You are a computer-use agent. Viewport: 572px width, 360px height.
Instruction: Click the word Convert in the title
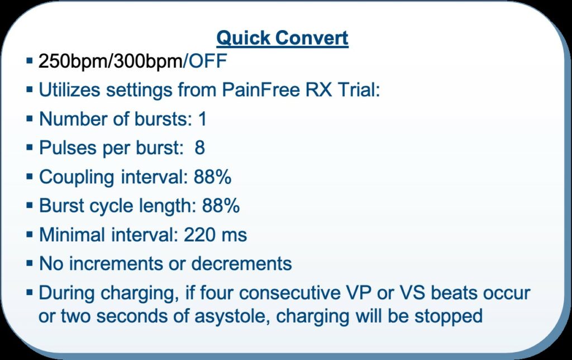point(312,38)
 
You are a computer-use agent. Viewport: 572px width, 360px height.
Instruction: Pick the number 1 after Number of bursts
point(202,119)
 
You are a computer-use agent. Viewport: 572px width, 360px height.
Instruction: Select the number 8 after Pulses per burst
point(199,148)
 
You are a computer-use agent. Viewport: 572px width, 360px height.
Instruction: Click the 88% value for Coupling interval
point(212,177)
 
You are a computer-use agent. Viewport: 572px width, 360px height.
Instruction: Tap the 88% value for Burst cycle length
point(221,206)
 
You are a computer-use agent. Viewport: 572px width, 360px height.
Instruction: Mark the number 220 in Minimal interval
point(197,235)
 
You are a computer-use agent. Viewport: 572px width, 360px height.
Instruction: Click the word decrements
point(241,264)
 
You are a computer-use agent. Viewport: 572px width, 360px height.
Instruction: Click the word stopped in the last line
point(449,316)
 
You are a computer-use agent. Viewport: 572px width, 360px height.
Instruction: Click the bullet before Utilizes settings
point(30,90)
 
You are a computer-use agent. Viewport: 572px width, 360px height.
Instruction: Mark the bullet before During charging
point(30,292)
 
